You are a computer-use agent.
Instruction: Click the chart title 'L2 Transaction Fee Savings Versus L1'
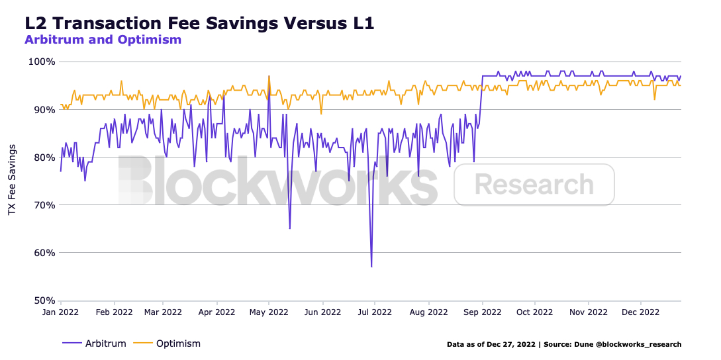(199, 23)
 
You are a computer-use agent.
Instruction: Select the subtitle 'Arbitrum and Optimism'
(103, 40)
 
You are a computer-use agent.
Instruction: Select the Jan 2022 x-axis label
(61, 312)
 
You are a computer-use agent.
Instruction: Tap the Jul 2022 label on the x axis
(375, 312)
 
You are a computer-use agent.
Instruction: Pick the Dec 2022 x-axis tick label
(641, 312)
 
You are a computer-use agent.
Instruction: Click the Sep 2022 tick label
(483, 312)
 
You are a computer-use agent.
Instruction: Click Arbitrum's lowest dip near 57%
(371, 266)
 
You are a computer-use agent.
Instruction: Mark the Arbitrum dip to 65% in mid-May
(290, 228)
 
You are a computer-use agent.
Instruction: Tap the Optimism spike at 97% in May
(269, 76)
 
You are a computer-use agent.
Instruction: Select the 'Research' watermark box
(534, 185)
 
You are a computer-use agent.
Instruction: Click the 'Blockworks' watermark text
(278, 181)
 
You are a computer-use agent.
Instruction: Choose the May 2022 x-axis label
(269, 312)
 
